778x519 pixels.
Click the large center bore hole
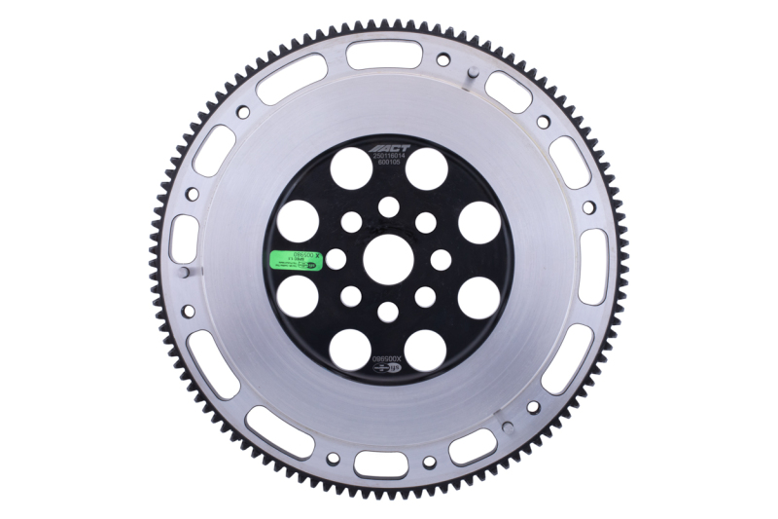387,259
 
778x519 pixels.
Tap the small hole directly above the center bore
388,206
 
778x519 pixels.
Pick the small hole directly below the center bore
388,312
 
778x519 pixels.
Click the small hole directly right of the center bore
441,259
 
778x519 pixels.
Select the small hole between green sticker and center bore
336,259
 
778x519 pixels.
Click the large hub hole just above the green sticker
298,221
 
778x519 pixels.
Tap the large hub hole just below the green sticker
298,297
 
